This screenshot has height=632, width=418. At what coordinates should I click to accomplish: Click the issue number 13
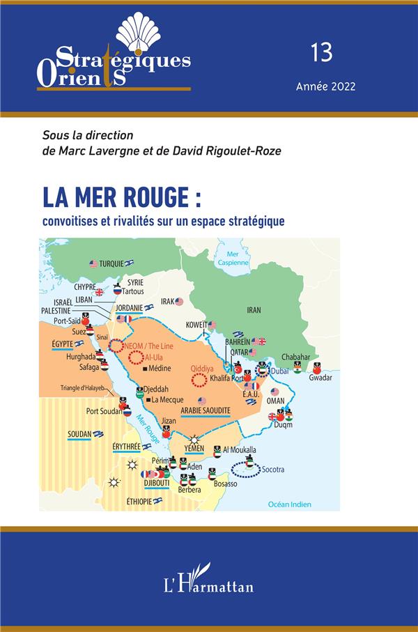pyautogui.click(x=323, y=52)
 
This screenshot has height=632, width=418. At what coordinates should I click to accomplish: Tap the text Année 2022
pyautogui.click(x=325, y=87)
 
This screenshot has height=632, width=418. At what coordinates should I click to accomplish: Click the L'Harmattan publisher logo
pyautogui.click(x=209, y=579)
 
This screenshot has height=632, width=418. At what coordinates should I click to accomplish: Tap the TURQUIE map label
pyautogui.click(x=111, y=264)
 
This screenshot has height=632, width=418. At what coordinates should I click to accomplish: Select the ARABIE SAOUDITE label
pyautogui.click(x=206, y=411)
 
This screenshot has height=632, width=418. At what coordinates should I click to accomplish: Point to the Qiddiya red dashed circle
pyautogui.click(x=199, y=380)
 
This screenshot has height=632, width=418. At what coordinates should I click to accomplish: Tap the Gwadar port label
pyautogui.click(x=320, y=377)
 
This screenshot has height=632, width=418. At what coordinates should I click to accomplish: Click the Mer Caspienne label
pyautogui.click(x=233, y=259)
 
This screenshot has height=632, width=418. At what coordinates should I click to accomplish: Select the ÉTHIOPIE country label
pyautogui.click(x=130, y=500)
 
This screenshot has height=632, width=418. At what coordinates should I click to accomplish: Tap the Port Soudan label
pyautogui.click(x=103, y=411)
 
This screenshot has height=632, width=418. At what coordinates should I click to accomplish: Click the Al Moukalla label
pyautogui.click(x=240, y=450)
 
